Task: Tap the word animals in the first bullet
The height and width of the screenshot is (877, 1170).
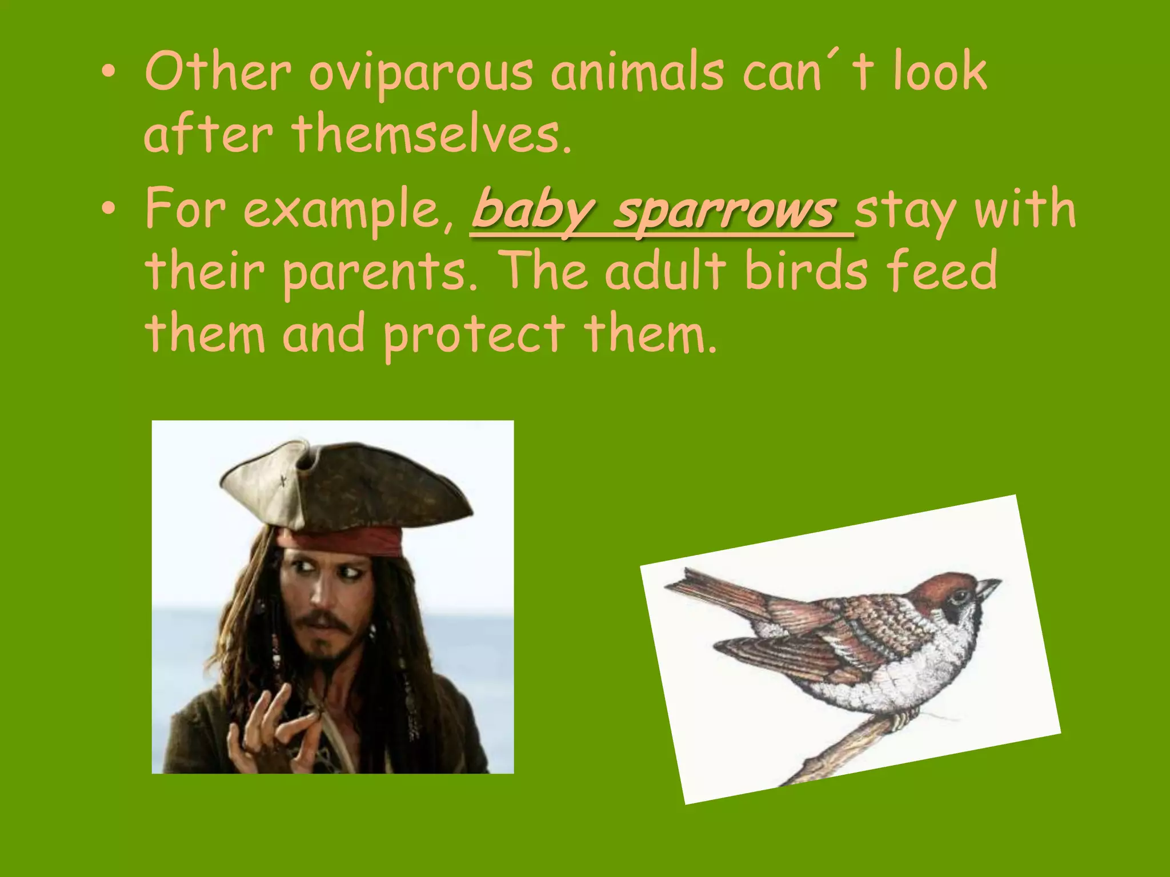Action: coord(636,73)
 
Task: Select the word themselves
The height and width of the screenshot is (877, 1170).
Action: coord(431,136)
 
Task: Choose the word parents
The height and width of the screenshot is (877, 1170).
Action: coord(380,273)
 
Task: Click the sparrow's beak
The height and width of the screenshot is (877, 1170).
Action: coord(987,589)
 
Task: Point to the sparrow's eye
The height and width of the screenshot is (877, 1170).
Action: coord(960,597)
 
